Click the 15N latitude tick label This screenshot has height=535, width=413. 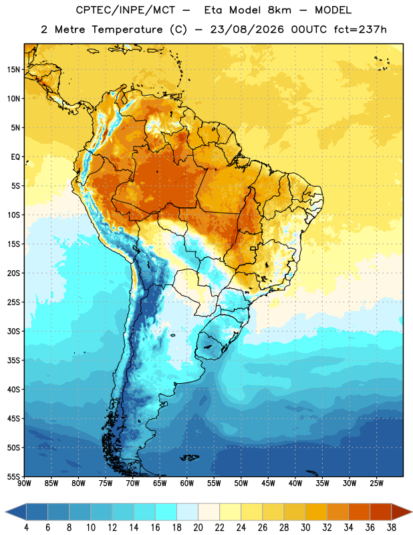[x=13, y=70]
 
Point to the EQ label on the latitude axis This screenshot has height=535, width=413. [x=15, y=157]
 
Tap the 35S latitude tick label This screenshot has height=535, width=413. [x=13, y=360]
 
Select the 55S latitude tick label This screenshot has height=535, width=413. [x=13, y=476]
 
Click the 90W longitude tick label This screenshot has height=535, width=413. [x=24, y=484]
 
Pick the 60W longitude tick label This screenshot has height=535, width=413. [x=187, y=484]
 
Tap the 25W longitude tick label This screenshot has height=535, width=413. [x=376, y=484]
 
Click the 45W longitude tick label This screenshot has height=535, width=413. [x=268, y=484]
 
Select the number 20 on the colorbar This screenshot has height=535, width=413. [x=198, y=528]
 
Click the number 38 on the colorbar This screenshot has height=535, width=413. [x=392, y=528]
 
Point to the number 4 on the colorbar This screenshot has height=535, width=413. [x=26, y=528]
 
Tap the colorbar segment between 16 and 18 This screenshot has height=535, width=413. [x=166, y=512]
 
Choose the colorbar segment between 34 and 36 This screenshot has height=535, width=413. [x=359, y=512]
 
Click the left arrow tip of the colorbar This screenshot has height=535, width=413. [x=5, y=512]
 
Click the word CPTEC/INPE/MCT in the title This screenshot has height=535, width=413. [x=126, y=10]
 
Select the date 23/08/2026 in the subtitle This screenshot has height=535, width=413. [x=247, y=29]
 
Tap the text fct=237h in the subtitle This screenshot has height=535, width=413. [x=360, y=29]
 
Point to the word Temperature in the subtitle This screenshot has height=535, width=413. [x=127, y=30]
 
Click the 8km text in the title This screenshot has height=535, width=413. [x=279, y=10]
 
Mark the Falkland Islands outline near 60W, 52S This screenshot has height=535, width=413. [x=190, y=457]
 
